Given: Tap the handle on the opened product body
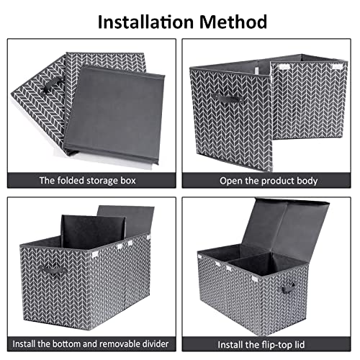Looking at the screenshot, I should pos(227,99).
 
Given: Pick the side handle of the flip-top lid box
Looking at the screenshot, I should pos(288,288).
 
